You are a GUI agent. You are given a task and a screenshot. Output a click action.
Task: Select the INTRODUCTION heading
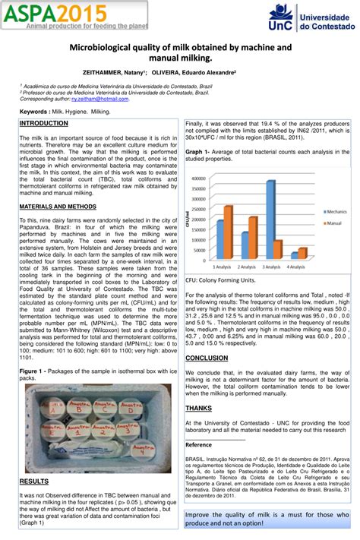(x=43, y=122)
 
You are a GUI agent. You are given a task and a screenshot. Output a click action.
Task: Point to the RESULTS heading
(x=34, y=481)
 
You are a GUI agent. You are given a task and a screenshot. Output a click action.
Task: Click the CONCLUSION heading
(x=207, y=357)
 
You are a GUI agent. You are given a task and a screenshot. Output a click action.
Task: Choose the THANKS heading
(x=199, y=408)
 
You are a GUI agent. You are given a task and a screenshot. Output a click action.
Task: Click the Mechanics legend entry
(x=335, y=211)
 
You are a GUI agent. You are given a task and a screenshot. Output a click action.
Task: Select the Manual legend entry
(x=332, y=223)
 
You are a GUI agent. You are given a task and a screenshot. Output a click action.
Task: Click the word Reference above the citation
(x=199, y=444)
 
